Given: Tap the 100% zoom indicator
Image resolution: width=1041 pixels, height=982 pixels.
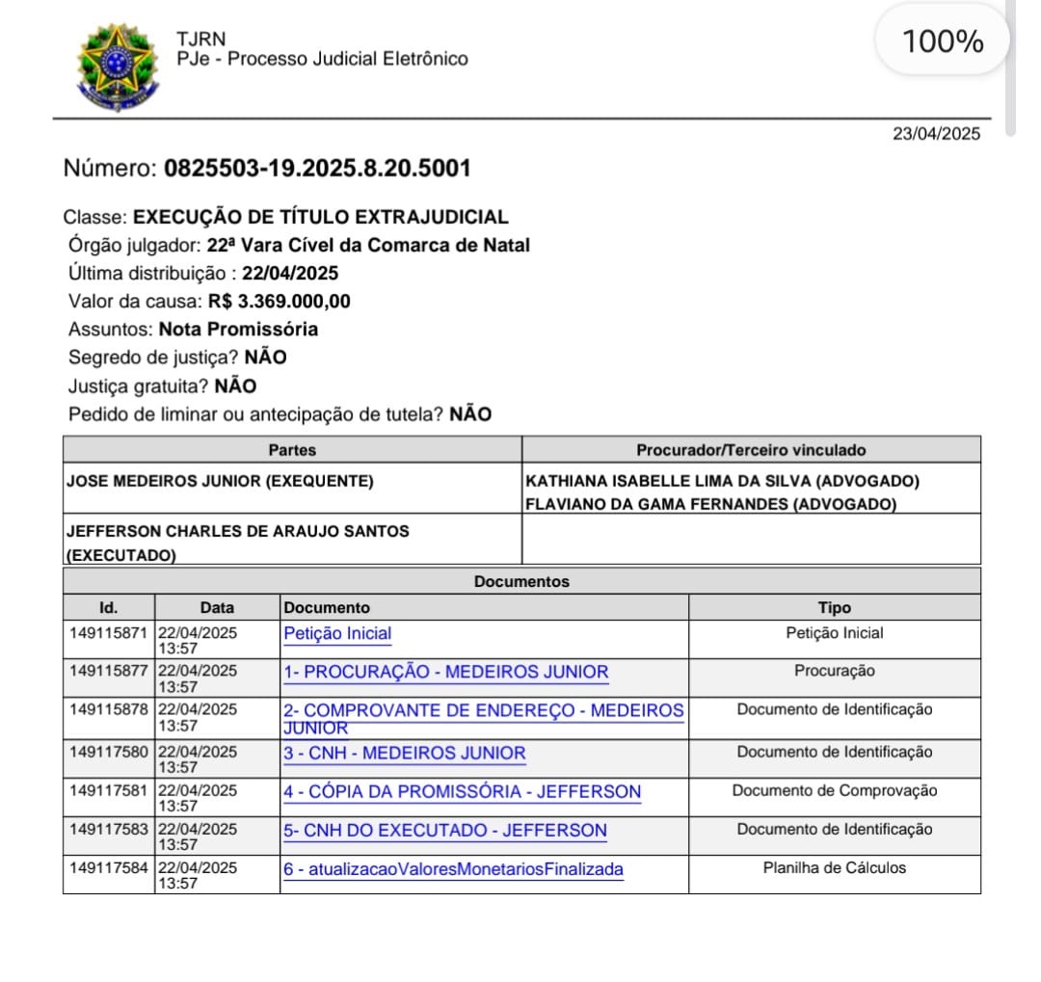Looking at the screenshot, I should (x=942, y=42).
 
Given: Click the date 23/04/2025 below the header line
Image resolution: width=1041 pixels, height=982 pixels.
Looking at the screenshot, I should (x=935, y=134).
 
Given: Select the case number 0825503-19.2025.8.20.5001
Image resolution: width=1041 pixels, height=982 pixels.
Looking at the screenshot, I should (x=317, y=169).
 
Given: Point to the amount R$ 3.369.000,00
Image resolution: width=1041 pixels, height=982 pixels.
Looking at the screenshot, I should (x=279, y=301).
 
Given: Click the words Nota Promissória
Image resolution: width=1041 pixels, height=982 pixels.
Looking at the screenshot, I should (x=238, y=330).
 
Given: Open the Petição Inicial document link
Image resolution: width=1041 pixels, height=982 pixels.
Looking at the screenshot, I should (x=337, y=634).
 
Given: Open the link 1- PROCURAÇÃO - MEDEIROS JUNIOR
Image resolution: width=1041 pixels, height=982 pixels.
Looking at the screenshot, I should (x=445, y=673).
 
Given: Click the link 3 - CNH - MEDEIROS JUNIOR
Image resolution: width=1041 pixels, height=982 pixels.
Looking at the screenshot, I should (x=404, y=753).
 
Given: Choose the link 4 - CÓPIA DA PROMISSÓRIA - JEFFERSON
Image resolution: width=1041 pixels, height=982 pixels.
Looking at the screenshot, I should (x=462, y=792).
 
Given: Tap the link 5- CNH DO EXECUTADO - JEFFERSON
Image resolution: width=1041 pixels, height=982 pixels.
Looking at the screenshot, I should (x=444, y=831).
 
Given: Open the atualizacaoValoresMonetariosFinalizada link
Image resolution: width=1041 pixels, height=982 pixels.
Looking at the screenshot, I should (x=453, y=869).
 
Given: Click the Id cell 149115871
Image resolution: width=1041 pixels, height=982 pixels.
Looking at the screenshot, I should (x=108, y=634).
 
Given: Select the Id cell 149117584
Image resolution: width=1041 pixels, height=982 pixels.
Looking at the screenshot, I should (x=108, y=867).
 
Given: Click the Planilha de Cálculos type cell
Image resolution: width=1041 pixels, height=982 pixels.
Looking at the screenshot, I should (x=834, y=868).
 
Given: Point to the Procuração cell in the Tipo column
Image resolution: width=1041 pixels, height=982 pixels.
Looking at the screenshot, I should (x=834, y=671).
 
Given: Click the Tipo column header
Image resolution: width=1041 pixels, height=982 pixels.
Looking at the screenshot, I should (x=834, y=608).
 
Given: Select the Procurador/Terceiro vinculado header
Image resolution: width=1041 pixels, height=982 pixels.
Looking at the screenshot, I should (x=751, y=450).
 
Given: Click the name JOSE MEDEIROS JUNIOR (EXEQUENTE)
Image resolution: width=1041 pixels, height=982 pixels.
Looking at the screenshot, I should (x=220, y=481).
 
